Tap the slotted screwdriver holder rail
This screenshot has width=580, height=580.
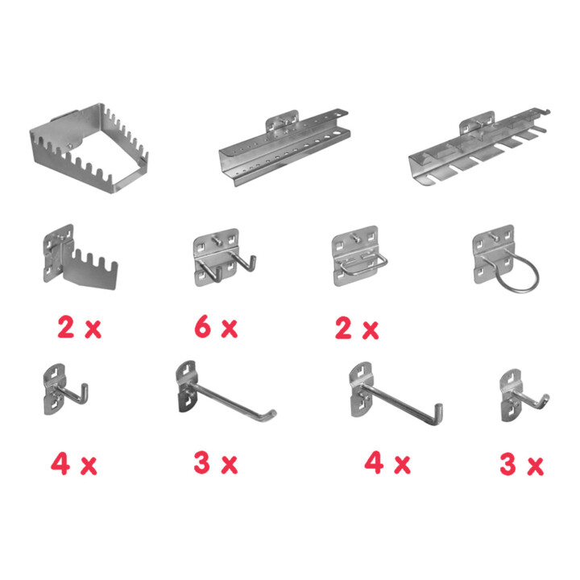pyautogui.click(x=477, y=148)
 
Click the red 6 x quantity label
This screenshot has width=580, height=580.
pyautogui.click(x=216, y=327)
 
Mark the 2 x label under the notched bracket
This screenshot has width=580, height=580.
pyautogui.click(x=79, y=327)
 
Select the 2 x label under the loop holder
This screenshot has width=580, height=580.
pyautogui.click(x=357, y=328)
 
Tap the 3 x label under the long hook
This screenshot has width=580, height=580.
pyautogui.click(x=216, y=463)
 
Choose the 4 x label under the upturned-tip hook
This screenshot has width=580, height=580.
pyautogui.click(x=387, y=462)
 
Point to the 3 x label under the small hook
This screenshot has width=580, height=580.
pyautogui.click(x=521, y=464)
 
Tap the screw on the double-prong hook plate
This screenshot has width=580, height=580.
pyautogui.click(x=217, y=240)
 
